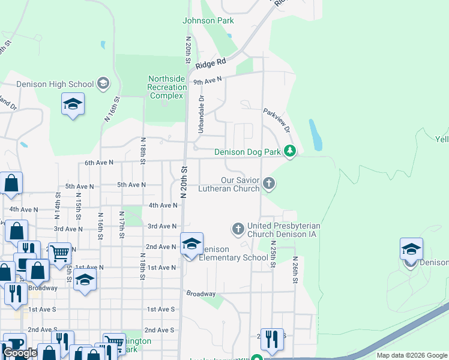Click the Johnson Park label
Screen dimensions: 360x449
pos(208,21)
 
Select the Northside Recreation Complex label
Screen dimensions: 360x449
pos(167,88)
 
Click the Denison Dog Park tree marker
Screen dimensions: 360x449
pos(290,151)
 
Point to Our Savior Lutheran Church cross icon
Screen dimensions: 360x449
pos(269,183)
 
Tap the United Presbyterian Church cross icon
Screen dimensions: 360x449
pos(238,228)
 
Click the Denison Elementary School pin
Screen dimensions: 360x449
pos(191,244)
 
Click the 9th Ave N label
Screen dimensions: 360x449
pos(207,80)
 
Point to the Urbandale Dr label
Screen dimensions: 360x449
pos(201,114)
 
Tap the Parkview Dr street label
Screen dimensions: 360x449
pos(277,121)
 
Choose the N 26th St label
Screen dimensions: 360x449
pos(295,267)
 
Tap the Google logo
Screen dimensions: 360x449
pos(20,353)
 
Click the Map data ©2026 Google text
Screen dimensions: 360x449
pos(411,355)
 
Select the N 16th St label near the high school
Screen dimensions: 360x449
pos(109,110)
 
